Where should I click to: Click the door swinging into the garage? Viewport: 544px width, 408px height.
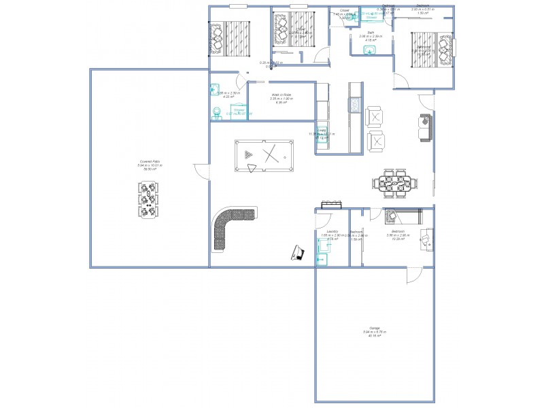tap(413, 275)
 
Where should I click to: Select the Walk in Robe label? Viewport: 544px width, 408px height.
tap(281, 97)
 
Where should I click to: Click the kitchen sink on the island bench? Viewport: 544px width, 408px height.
tap(354, 104)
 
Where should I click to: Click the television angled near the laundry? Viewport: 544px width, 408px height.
tap(297, 252)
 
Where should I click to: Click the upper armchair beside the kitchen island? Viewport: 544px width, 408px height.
tap(374, 117)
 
